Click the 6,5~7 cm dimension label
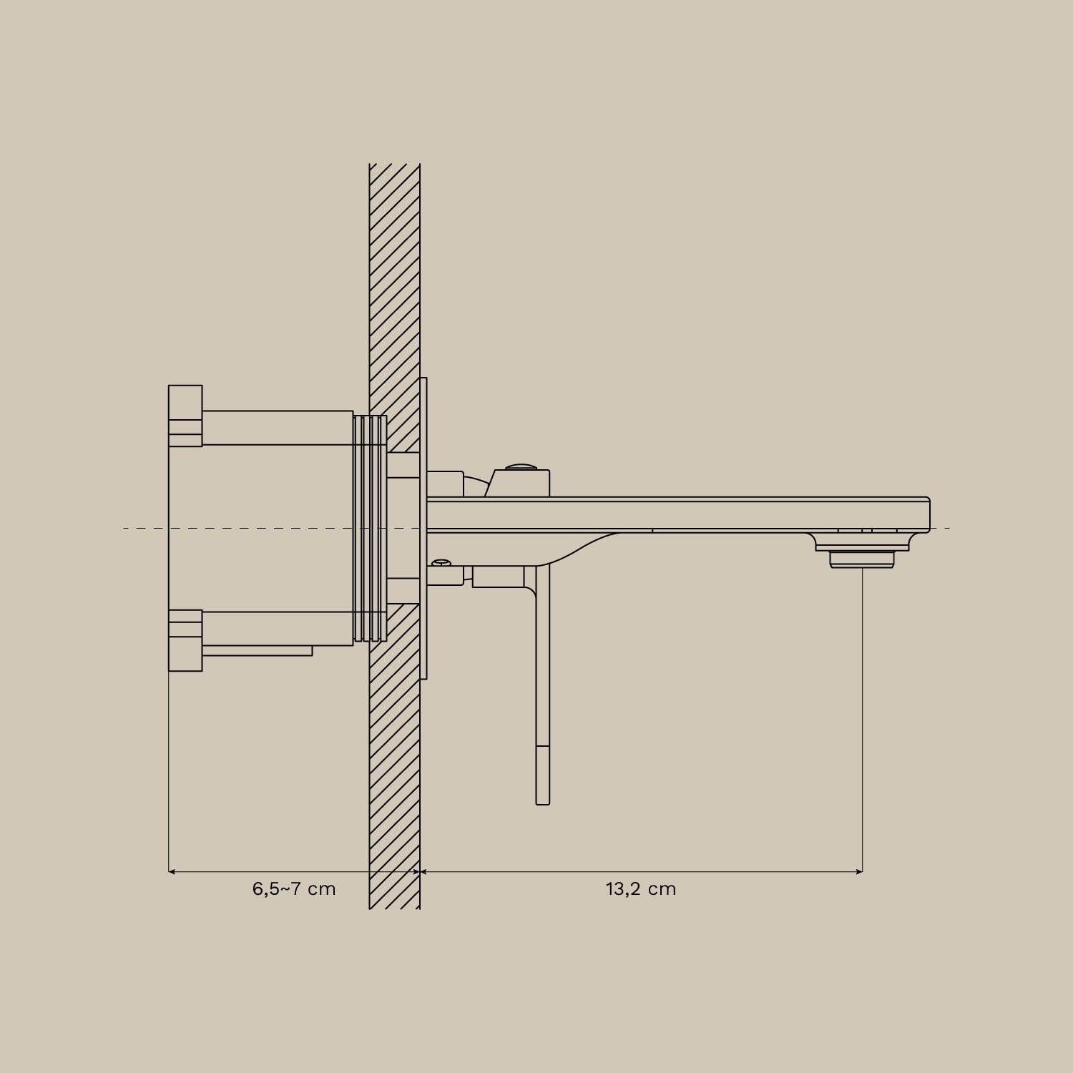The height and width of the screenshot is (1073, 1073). click(x=294, y=889)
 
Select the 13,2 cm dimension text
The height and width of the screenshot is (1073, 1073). click(x=640, y=889)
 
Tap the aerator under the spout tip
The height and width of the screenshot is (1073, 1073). click(x=861, y=559)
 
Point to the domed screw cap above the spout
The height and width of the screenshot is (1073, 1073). click(x=523, y=466)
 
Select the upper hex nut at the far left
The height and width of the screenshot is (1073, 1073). click(x=185, y=416)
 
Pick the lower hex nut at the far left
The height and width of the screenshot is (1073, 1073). click(x=185, y=640)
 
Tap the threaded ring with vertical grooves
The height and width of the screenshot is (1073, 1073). click(x=370, y=528)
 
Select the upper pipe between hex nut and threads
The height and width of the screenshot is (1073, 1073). click(x=278, y=428)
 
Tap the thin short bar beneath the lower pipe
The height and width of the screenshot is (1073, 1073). click(x=258, y=650)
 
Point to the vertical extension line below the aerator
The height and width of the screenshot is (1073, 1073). click(x=862, y=715)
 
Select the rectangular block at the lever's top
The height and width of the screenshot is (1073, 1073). click(x=498, y=577)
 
